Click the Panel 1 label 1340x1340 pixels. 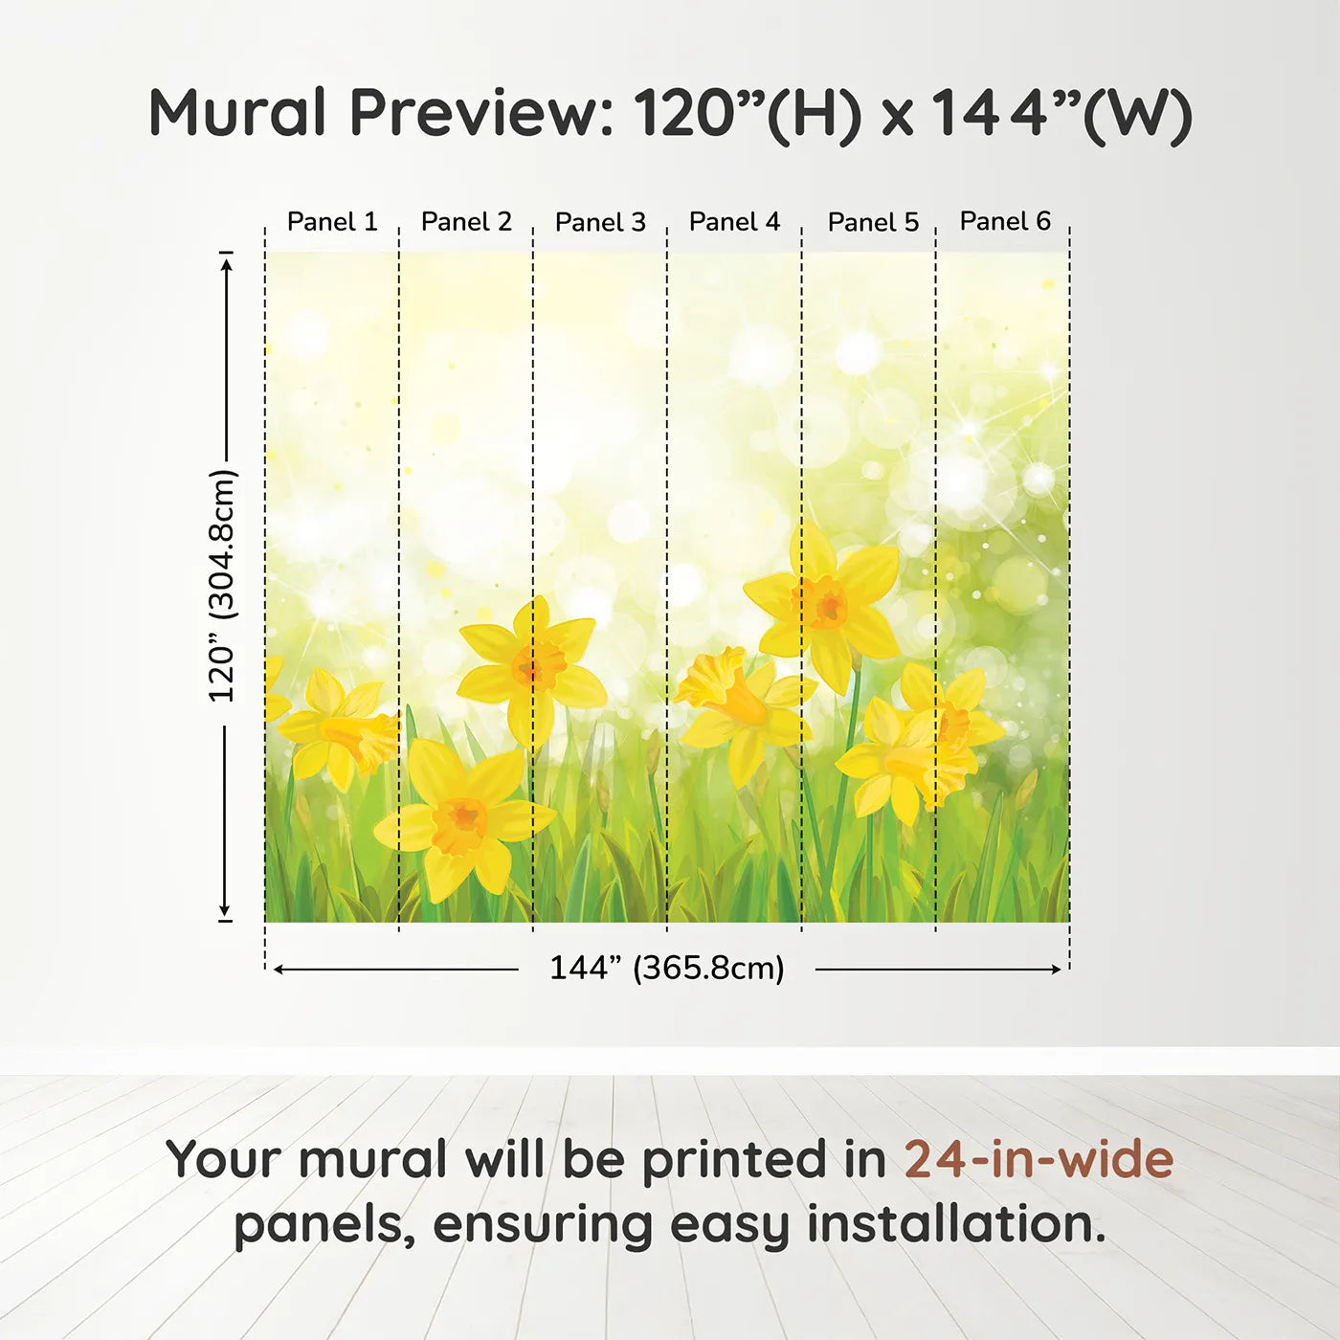(332, 222)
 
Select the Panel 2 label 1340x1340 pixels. (466, 222)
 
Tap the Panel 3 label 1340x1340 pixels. (601, 222)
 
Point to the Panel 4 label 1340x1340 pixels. (735, 222)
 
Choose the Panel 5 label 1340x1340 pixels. (874, 222)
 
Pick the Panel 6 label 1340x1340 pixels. (1006, 221)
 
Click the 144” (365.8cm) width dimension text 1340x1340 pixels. (667, 968)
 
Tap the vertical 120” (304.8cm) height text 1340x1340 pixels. (223, 586)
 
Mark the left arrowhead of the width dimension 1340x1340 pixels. (279, 970)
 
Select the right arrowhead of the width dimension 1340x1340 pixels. (1054, 970)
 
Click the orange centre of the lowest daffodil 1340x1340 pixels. (460, 825)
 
